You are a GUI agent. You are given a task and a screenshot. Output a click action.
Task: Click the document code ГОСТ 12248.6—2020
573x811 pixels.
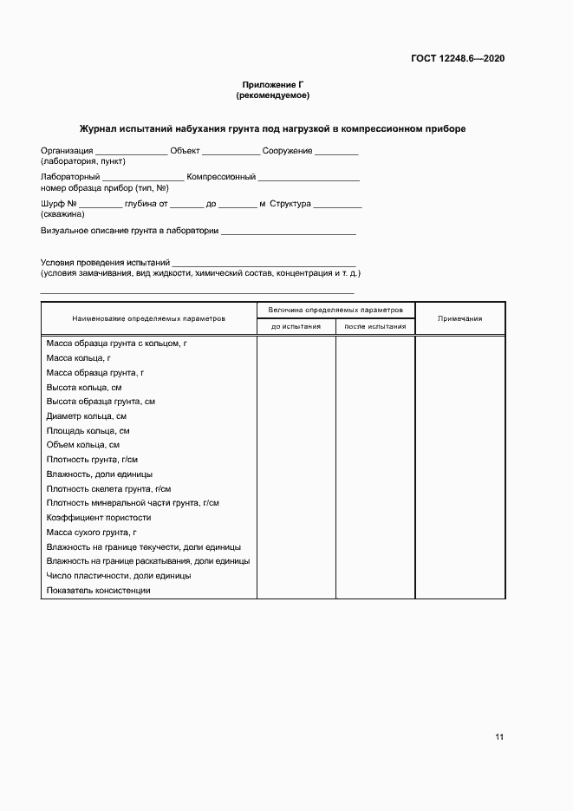tap(458, 59)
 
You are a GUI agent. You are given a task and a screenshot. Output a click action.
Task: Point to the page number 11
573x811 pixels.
tap(499, 737)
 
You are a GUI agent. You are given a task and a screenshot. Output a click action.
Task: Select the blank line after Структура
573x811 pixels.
tap(337, 206)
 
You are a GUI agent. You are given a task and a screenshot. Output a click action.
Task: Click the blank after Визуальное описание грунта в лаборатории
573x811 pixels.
tap(289, 233)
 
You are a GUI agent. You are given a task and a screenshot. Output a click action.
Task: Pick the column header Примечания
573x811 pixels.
tap(459, 318)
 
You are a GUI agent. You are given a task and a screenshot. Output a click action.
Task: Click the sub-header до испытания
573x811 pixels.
tap(296, 327)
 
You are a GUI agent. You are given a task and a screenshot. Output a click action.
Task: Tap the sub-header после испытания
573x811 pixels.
tap(375, 327)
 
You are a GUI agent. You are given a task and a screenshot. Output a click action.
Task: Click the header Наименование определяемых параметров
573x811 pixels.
tap(148, 318)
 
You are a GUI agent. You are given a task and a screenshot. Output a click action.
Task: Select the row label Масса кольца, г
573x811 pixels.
tap(79, 358)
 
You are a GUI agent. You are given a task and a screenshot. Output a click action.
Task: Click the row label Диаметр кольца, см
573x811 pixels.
tap(87, 416)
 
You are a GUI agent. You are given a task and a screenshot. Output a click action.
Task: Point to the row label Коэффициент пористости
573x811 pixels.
tap(93, 518)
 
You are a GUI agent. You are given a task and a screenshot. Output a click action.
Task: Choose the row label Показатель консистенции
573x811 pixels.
tap(99, 591)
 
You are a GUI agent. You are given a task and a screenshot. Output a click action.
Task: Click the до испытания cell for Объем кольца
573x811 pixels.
tap(296, 445)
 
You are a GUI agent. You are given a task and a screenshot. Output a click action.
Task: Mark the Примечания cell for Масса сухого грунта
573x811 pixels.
tap(459, 533)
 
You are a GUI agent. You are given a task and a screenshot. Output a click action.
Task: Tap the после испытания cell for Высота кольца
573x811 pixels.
tap(375, 387)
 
